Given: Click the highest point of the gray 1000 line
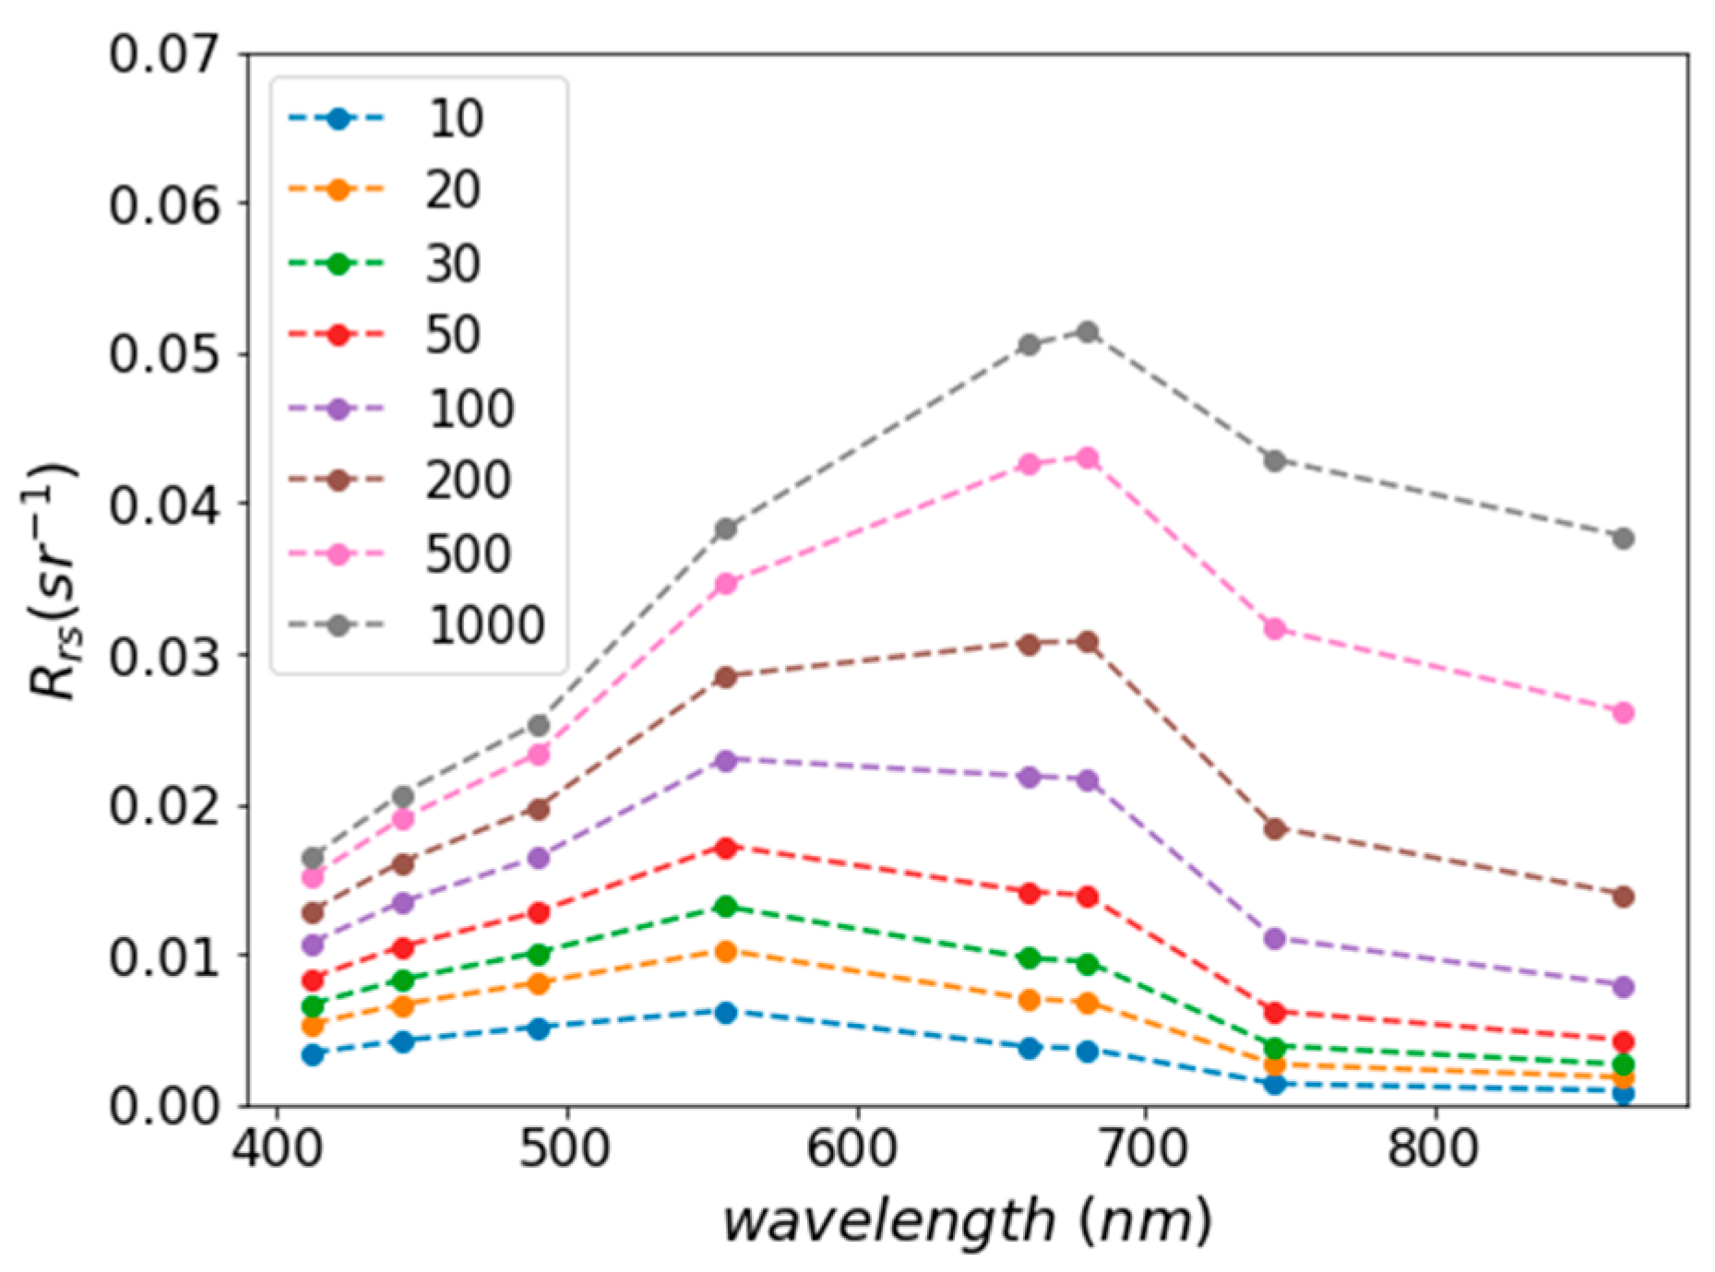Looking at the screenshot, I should point(1088,332).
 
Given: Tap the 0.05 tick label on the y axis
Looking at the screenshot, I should point(165,354).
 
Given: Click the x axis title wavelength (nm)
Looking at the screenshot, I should point(966,1222).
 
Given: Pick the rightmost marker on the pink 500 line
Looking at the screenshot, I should point(1624,712).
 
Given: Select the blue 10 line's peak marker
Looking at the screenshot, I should point(726,1012).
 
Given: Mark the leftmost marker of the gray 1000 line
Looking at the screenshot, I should point(313,857).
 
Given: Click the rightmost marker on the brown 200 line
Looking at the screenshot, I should point(1624,896).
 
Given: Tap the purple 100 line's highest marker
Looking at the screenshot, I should point(726,761).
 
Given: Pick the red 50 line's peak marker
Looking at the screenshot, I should point(726,847).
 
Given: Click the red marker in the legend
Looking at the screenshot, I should point(338,335).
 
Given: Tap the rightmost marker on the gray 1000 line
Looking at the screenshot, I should point(1624,538).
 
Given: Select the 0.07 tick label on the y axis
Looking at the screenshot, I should point(165,54).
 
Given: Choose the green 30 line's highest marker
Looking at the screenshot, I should point(726,906).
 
